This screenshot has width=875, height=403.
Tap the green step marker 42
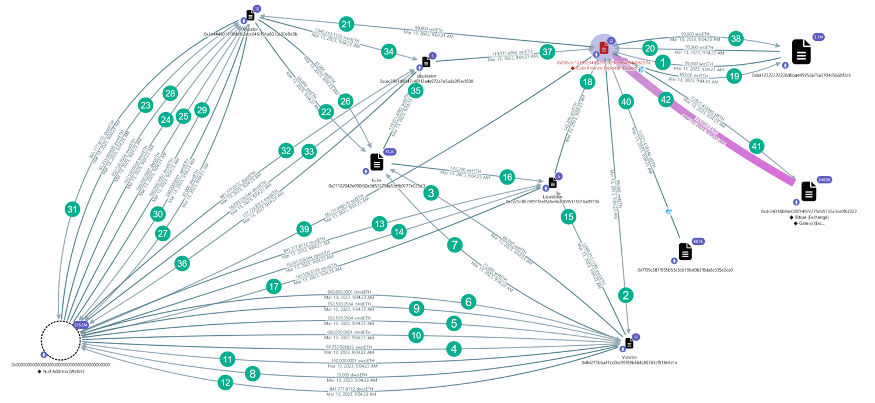[x=666, y=99]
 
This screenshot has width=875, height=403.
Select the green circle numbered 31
[x=72, y=210]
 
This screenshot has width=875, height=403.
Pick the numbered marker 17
[x=274, y=286]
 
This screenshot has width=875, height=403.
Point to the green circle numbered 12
[x=225, y=383]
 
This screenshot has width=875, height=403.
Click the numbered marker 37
[x=547, y=51]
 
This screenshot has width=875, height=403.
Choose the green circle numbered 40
[x=626, y=102]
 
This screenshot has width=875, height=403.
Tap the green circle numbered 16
[x=508, y=177]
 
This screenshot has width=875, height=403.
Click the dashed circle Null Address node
[x=61, y=339]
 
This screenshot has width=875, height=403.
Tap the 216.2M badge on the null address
[x=80, y=325]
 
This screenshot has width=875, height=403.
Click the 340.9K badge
[x=824, y=179]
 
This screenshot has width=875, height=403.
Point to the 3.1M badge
[x=818, y=37]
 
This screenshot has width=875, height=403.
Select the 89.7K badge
[x=698, y=241]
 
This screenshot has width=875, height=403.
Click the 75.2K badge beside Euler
[x=389, y=151]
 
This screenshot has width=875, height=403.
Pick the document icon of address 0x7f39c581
[x=685, y=252]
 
